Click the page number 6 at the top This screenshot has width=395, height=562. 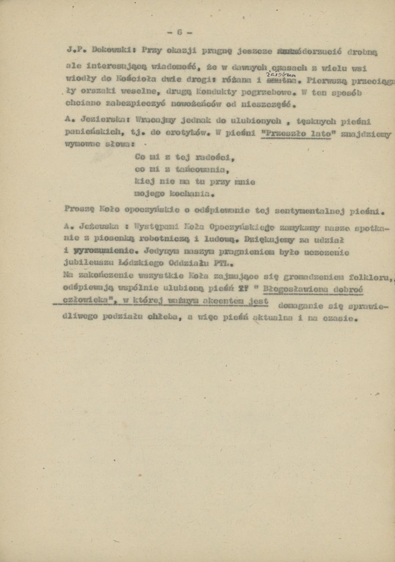coord(179,32)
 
